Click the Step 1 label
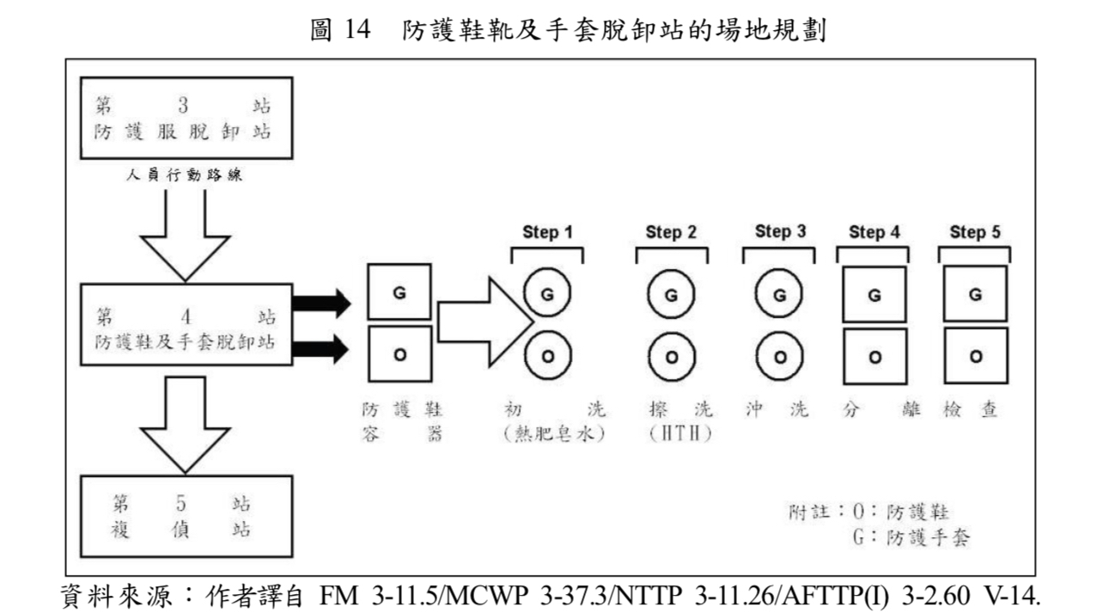(547, 232)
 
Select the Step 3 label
(780, 231)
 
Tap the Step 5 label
(975, 232)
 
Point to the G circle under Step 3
(780, 294)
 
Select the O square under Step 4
(874, 356)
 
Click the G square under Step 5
(975, 294)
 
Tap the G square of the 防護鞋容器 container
(399, 292)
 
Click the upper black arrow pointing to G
(321, 303)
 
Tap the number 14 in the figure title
(357, 32)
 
